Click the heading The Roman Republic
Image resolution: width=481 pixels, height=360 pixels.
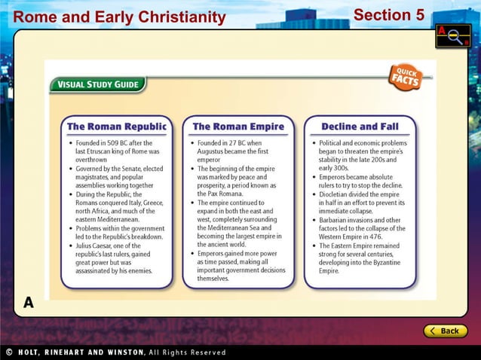tap(116, 127)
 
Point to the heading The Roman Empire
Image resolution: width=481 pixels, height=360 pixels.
tap(238, 127)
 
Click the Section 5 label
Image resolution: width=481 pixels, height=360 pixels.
tap(388, 15)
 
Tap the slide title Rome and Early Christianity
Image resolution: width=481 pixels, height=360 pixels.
tap(120, 17)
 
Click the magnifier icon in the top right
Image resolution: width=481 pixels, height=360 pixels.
tap(452, 36)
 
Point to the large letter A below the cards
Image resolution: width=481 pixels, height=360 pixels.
tap(29, 303)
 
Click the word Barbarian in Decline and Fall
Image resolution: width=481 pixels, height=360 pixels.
tap(337, 221)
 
